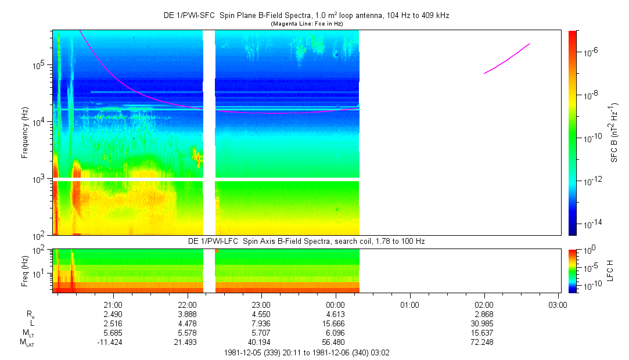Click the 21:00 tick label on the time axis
(113, 304)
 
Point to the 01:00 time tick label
(410, 304)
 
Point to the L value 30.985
(484, 323)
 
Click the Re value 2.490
(113, 314)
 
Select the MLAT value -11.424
(113, 341)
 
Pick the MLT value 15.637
(484, 332)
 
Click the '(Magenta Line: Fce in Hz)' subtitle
(307, 23)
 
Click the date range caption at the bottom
(307, 352)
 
